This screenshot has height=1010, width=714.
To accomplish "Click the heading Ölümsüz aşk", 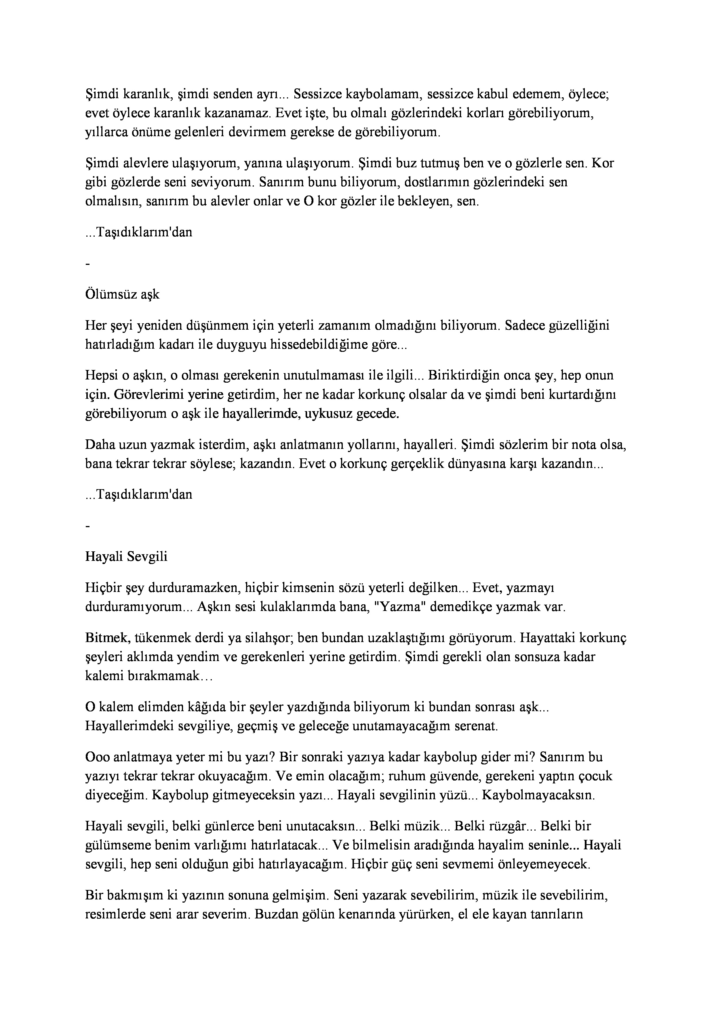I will coord(122,294).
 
